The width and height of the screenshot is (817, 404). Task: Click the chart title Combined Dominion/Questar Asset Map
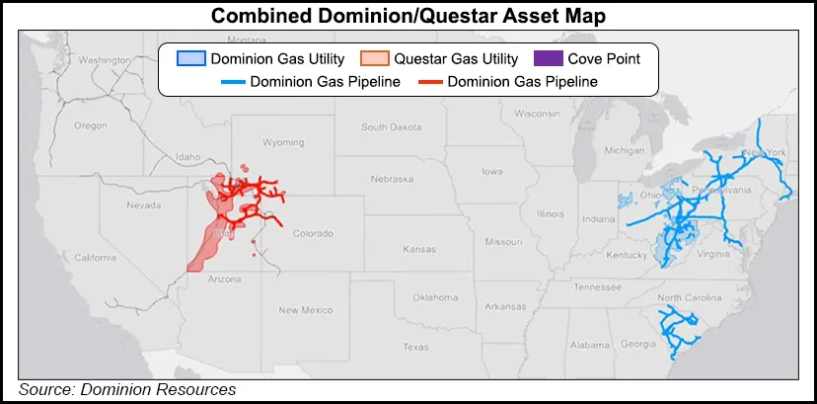[x=408, y=16]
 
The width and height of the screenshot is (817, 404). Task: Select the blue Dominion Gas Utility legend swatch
[x=189, y=58]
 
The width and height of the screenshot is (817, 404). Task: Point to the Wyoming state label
[x=284, y=142]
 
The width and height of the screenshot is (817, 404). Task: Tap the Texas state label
[x=415, y=347]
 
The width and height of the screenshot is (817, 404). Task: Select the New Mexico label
[x=301, y=310]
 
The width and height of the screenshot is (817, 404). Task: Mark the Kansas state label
[x=419, y=249]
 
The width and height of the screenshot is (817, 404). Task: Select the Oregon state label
[x=90, y=124]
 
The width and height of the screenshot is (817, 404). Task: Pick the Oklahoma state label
[x=435, y=296]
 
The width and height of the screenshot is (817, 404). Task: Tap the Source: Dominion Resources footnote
[x=127, y=390]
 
